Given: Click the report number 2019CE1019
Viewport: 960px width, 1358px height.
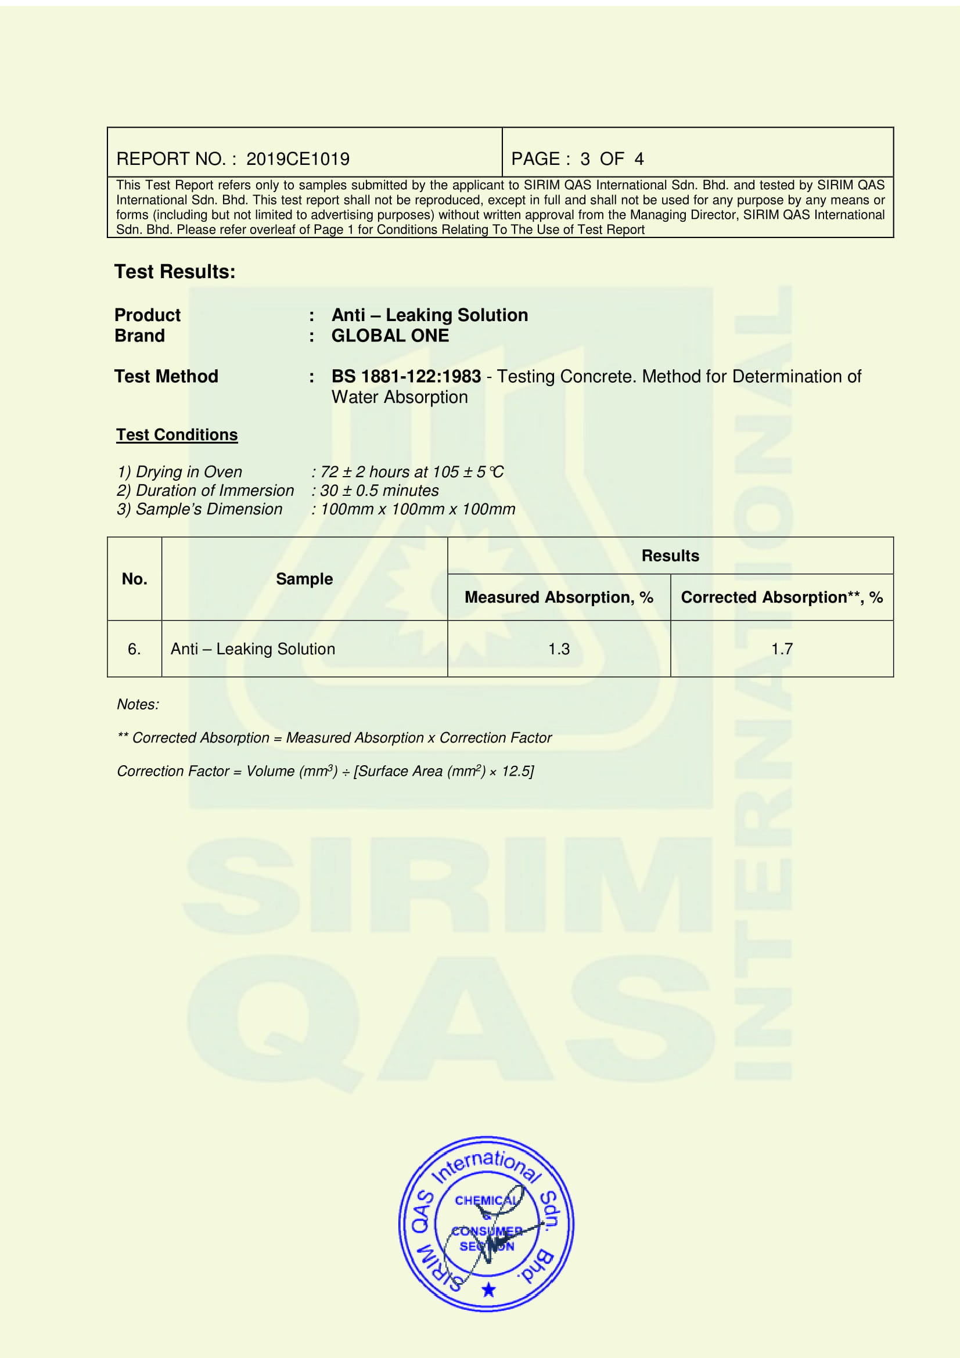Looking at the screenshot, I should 297,159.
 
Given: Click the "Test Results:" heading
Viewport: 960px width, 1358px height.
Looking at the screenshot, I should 174,272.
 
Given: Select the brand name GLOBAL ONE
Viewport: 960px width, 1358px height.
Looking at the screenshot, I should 390,336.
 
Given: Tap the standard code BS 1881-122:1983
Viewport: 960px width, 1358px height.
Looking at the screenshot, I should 406,376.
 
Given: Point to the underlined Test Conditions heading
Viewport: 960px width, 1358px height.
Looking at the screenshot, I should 177,435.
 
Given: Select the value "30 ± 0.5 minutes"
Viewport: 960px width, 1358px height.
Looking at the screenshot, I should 379,491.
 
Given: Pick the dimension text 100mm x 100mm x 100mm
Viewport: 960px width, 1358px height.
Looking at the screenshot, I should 418,509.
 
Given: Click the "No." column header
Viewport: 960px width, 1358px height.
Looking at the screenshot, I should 134,579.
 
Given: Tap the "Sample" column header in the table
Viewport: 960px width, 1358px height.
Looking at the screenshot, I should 304,579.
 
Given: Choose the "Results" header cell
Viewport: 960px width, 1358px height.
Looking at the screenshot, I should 670,556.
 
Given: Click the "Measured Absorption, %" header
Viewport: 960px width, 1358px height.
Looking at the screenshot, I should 558,597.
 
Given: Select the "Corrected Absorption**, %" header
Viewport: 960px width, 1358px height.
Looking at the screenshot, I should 781,597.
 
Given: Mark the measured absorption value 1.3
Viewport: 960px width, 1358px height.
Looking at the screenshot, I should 558,649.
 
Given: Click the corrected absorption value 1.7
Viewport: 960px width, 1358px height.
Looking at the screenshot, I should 781,649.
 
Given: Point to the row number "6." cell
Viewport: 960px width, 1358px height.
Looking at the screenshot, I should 134,649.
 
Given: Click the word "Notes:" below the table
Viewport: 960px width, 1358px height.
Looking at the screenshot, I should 138,704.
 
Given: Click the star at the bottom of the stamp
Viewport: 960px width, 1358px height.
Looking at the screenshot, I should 488,1290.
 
